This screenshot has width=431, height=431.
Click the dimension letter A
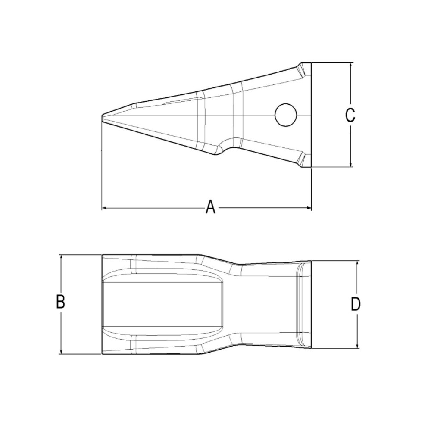(210, 207)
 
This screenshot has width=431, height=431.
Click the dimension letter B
(61, 302)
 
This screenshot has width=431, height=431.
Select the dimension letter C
(350, 115)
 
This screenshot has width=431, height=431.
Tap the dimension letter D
(355, 304)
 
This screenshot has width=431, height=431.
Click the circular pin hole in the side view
(285, 115)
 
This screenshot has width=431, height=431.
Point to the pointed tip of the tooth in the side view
(103, 116)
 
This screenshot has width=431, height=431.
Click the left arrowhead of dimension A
(104, 208)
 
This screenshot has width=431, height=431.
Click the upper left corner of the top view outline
(102, 255)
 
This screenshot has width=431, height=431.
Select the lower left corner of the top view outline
(102, 354)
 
